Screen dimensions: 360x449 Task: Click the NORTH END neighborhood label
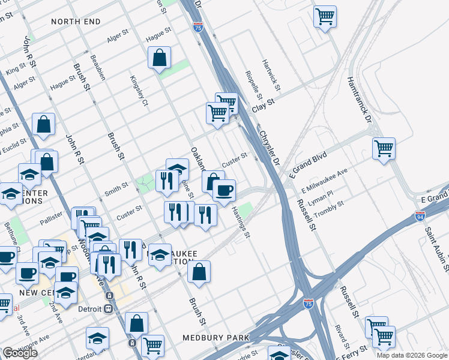[76, 22]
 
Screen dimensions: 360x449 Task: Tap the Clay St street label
[263, 103]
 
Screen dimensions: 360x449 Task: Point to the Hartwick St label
[270, 75]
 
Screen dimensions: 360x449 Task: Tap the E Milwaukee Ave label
[325, 179]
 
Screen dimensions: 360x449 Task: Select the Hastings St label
[241, 221]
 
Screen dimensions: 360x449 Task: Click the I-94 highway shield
[420, 215]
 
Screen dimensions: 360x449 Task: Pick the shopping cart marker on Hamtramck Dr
[384, 147]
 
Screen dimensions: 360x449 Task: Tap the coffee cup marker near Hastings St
[224, 190]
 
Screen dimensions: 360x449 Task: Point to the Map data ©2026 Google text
[412, 355]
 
